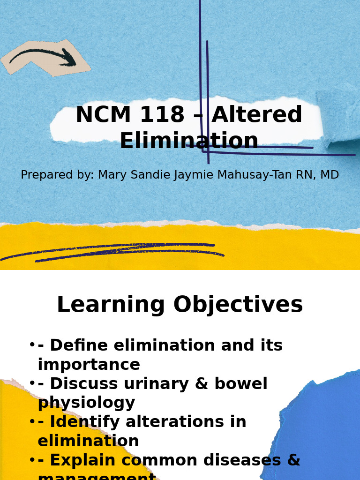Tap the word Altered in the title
(x=257, y=115)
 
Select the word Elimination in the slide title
(x=189, y=142)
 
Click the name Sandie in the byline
(x=149, y=175)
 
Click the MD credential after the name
(x=330, y=175)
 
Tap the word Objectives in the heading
(x=238, y=305)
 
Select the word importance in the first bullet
(x=89, y=365)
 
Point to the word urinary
(x=149, y=384)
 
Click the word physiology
(x=86, y=403)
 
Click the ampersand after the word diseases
(x=293, y=461)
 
